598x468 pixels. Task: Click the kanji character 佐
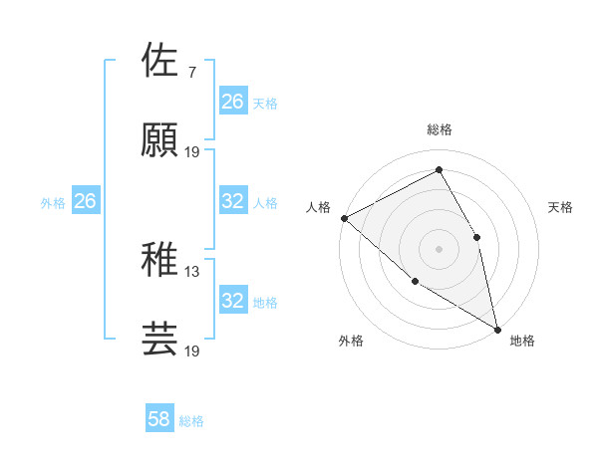160,62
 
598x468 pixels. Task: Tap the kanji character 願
160,140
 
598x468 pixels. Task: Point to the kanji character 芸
160,340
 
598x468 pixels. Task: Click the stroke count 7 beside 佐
191,73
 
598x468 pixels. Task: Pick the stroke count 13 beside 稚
192,272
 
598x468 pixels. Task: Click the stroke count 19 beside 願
192,151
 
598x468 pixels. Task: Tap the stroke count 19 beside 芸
192,351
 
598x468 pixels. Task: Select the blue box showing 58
159,419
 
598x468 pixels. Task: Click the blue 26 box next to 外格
85,201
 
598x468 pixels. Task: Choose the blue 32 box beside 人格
233,201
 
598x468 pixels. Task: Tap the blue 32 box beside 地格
233,301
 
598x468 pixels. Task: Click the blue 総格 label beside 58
192,421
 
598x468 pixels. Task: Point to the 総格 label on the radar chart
440,129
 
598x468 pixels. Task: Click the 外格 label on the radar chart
351,341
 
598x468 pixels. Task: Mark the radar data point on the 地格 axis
497,328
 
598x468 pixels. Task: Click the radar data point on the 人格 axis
344,218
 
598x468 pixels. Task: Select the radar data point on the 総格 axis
440,170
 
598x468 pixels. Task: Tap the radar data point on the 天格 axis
477,237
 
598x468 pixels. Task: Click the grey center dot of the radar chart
440,249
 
